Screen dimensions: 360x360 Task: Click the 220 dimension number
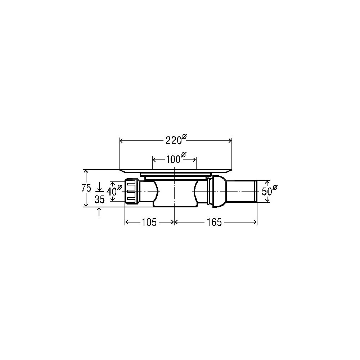(x=174, y=140)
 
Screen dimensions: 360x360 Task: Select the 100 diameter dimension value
(x=174, y=159)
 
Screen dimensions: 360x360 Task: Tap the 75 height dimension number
(x=86, y=188)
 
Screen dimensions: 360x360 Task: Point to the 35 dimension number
(x=100, y=199)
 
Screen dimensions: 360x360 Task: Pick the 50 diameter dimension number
(x=267, y=191)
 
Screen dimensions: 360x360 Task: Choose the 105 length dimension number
(x=149, y=222)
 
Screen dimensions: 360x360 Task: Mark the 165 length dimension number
(x=214, y=222)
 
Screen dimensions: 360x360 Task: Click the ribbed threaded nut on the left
(x=132, y=192)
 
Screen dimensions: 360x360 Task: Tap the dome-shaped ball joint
(x=220, y=191)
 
